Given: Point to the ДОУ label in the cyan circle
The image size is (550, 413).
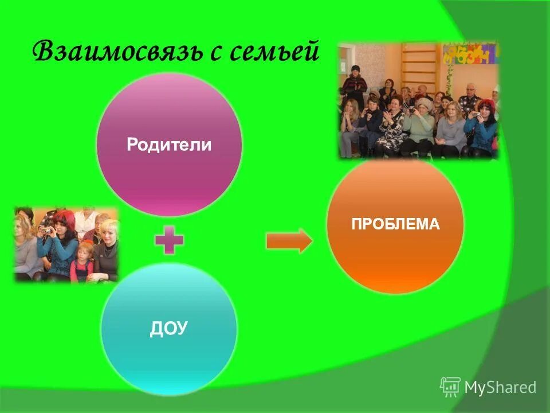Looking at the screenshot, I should pos(169,328).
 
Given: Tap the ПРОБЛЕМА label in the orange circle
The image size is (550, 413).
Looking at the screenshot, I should pos(395,224).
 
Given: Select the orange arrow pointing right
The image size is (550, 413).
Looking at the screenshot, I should pos(289,241).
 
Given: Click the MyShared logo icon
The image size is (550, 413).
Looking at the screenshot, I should pos(450,387).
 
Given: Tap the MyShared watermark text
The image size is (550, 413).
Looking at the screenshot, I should pos(500,388).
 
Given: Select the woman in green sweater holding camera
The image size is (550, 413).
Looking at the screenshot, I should pos(419,123).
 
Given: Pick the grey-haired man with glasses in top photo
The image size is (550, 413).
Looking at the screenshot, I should pos(470,95).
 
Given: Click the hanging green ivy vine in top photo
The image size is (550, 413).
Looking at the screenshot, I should pos(450,75).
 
